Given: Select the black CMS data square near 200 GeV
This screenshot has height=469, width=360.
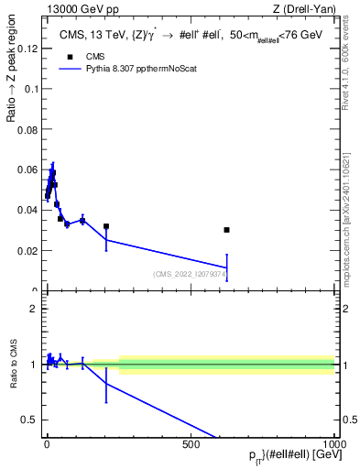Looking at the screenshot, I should coord(106,226).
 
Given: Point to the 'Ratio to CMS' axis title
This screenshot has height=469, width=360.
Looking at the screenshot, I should coord(13,364).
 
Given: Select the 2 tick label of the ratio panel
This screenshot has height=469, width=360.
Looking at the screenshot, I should coord(35,308).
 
